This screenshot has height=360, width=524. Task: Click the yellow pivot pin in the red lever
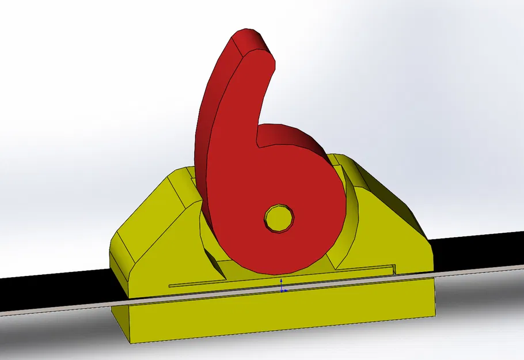279,218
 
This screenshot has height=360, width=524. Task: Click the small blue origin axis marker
282,286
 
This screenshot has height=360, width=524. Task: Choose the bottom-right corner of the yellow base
433,314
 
